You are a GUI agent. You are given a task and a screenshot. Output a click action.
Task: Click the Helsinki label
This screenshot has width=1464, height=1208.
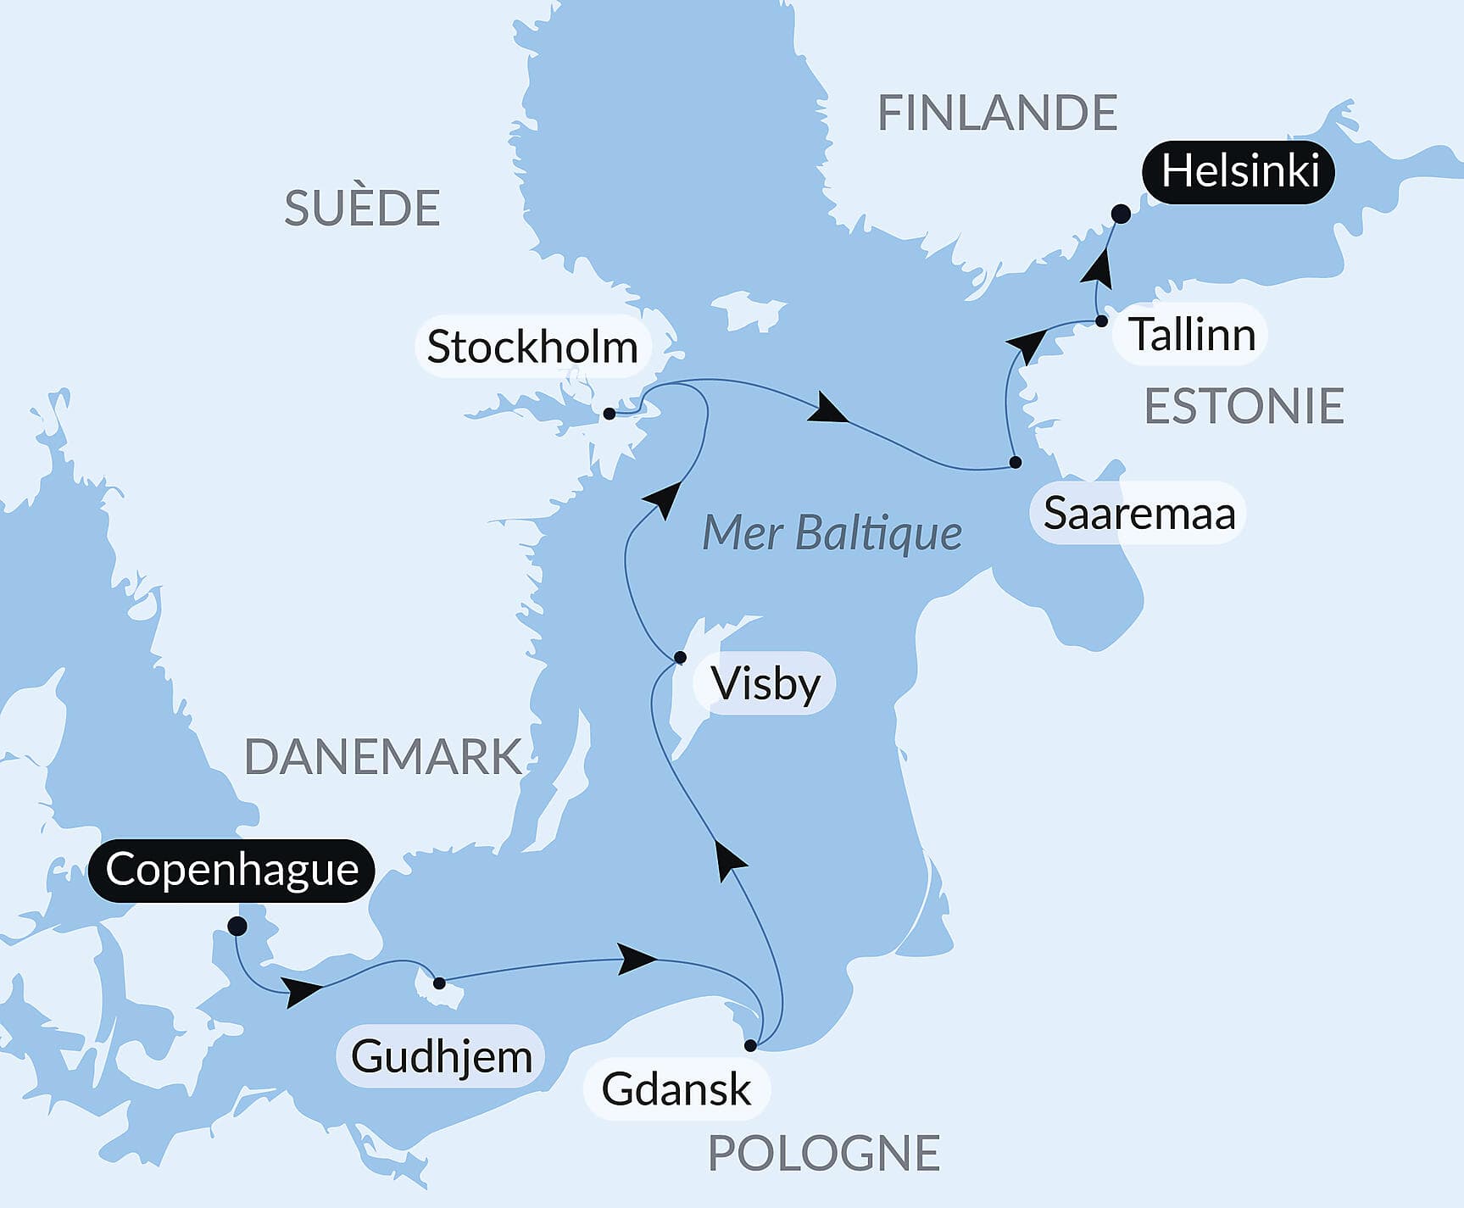pos(1239,171)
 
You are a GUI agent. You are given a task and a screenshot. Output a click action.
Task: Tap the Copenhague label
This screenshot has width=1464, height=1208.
pos(231,870)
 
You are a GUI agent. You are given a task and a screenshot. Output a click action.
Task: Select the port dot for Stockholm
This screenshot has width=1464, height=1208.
pos(609,414)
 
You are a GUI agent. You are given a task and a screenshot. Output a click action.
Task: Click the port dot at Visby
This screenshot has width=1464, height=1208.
pos(680,657)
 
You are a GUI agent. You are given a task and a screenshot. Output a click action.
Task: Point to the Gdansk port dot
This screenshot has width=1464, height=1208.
pos(750,1045)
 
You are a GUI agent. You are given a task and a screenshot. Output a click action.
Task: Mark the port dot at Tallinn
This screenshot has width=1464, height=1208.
pos(1101,321)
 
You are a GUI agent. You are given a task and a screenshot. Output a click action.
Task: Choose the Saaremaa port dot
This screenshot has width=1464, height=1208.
pos(1016,462)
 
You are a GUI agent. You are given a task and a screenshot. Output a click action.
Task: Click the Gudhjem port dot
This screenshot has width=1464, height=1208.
pos(439,983)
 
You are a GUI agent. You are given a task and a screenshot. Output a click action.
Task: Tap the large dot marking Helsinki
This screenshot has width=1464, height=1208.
pos(1121,214)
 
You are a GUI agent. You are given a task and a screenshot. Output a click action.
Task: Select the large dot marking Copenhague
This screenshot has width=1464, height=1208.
pos(237,926)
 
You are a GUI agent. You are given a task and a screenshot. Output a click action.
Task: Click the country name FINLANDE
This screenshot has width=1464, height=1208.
pos(997,113)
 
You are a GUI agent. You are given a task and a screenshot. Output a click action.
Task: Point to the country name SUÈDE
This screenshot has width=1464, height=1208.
pos(362,208)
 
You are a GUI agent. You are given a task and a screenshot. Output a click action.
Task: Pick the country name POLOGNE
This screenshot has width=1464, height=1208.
pos(824,1153)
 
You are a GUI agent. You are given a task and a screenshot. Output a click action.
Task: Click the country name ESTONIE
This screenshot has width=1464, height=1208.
pos(1244,406)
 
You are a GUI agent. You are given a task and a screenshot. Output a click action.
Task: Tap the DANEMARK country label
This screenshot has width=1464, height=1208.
pos(382,757)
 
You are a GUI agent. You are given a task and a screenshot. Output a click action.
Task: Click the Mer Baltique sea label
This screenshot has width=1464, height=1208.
pos(832,533)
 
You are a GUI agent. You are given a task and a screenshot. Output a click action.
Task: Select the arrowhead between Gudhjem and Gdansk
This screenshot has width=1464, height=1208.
pos(637,959)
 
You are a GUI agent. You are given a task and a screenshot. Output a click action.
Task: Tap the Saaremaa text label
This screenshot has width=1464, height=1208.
pos(1138,513)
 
